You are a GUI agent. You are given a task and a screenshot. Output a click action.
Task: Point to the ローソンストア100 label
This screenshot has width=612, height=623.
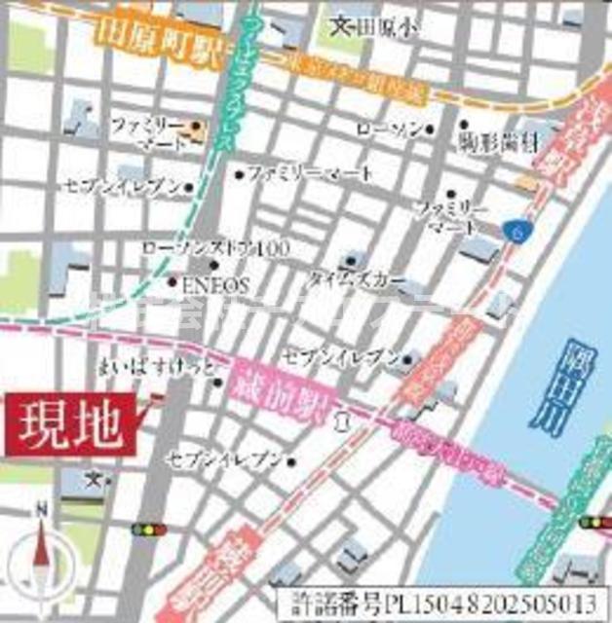tap(215, 248)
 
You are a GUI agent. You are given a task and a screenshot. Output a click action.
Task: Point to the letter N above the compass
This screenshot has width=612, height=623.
tap(40, 508)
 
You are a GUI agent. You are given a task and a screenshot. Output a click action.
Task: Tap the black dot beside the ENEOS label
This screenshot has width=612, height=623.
tap(172, 284)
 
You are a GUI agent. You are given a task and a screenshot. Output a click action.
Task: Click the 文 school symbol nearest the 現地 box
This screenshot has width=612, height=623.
tap(93, 478)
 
